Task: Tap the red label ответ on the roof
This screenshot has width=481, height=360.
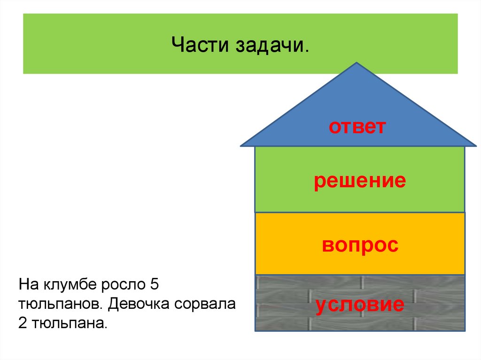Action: tap(357, 127)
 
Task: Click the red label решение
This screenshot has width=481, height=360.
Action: tap(360, 181)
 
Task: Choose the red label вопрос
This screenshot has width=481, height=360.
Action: tap(360, 245)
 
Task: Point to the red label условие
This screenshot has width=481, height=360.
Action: tap(360, 305)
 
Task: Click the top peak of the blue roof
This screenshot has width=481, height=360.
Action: tap(357, 63)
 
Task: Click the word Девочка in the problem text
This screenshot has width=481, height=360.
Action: tap(139, 305)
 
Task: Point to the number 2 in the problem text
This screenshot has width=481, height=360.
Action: tap(23, 324)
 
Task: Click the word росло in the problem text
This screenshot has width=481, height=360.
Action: tap(120, 285)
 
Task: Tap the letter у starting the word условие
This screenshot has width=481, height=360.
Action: tap(321, 306)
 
